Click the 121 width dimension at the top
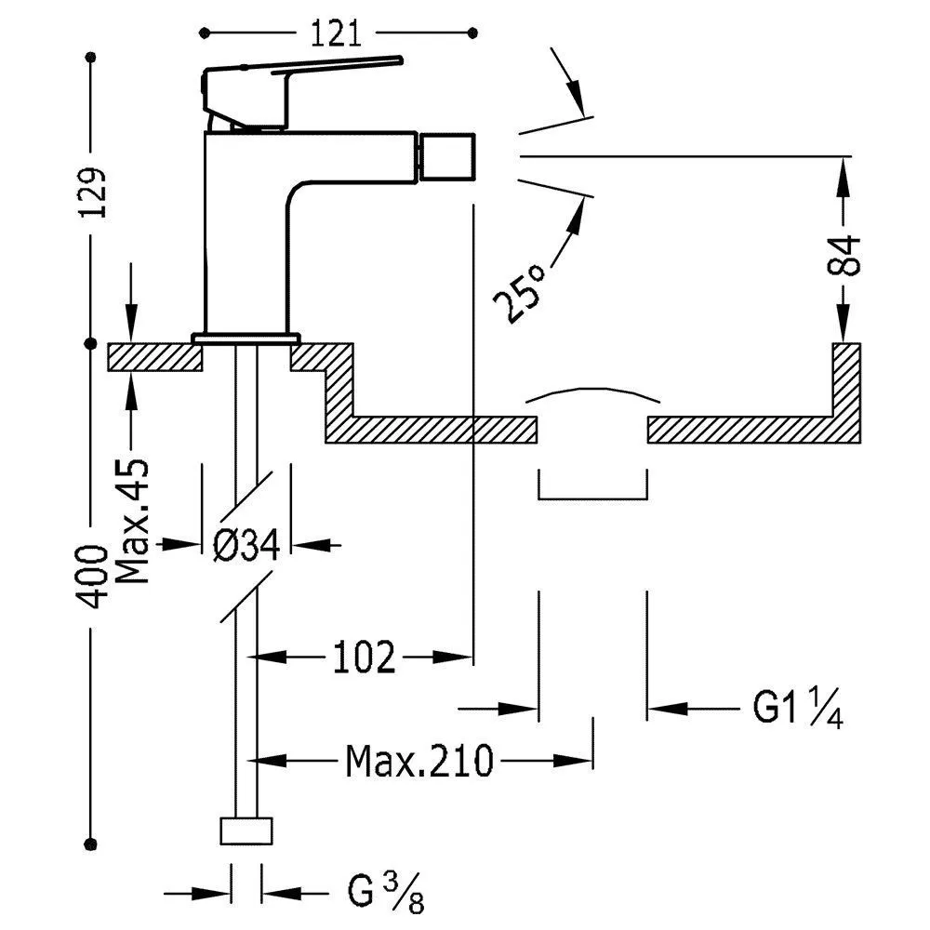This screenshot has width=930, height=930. [335, 34]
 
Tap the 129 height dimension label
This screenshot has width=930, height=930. [92, 193]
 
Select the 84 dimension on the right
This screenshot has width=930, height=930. [844, 255]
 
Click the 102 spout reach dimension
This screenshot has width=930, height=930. [364, 658]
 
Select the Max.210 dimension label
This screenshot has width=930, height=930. [418, 762]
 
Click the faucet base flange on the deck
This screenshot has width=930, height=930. [246, 337]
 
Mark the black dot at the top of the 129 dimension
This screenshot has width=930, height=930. [91, 60]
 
